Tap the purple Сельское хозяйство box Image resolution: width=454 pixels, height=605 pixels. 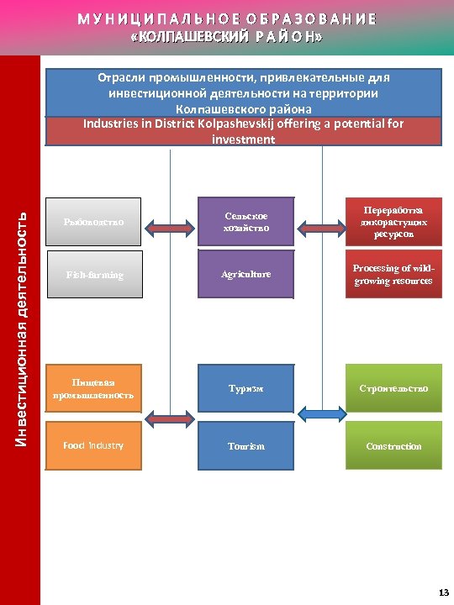click(x=245, y=222)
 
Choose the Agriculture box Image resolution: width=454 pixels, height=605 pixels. click(x=245, y=275)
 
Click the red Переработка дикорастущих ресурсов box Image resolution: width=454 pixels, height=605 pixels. click(x=393, y=222)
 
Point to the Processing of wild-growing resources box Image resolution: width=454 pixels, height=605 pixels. click(x=393, y=275)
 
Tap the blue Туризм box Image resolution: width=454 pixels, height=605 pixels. click(x=245, y=388)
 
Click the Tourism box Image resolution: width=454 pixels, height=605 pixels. click(x=245, y=445)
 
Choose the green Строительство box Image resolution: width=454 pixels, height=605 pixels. click(x=393, y=388)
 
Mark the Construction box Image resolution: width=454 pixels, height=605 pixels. click(x=393, y=445)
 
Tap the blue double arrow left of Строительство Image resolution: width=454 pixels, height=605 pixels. click(x=320, y=413)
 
